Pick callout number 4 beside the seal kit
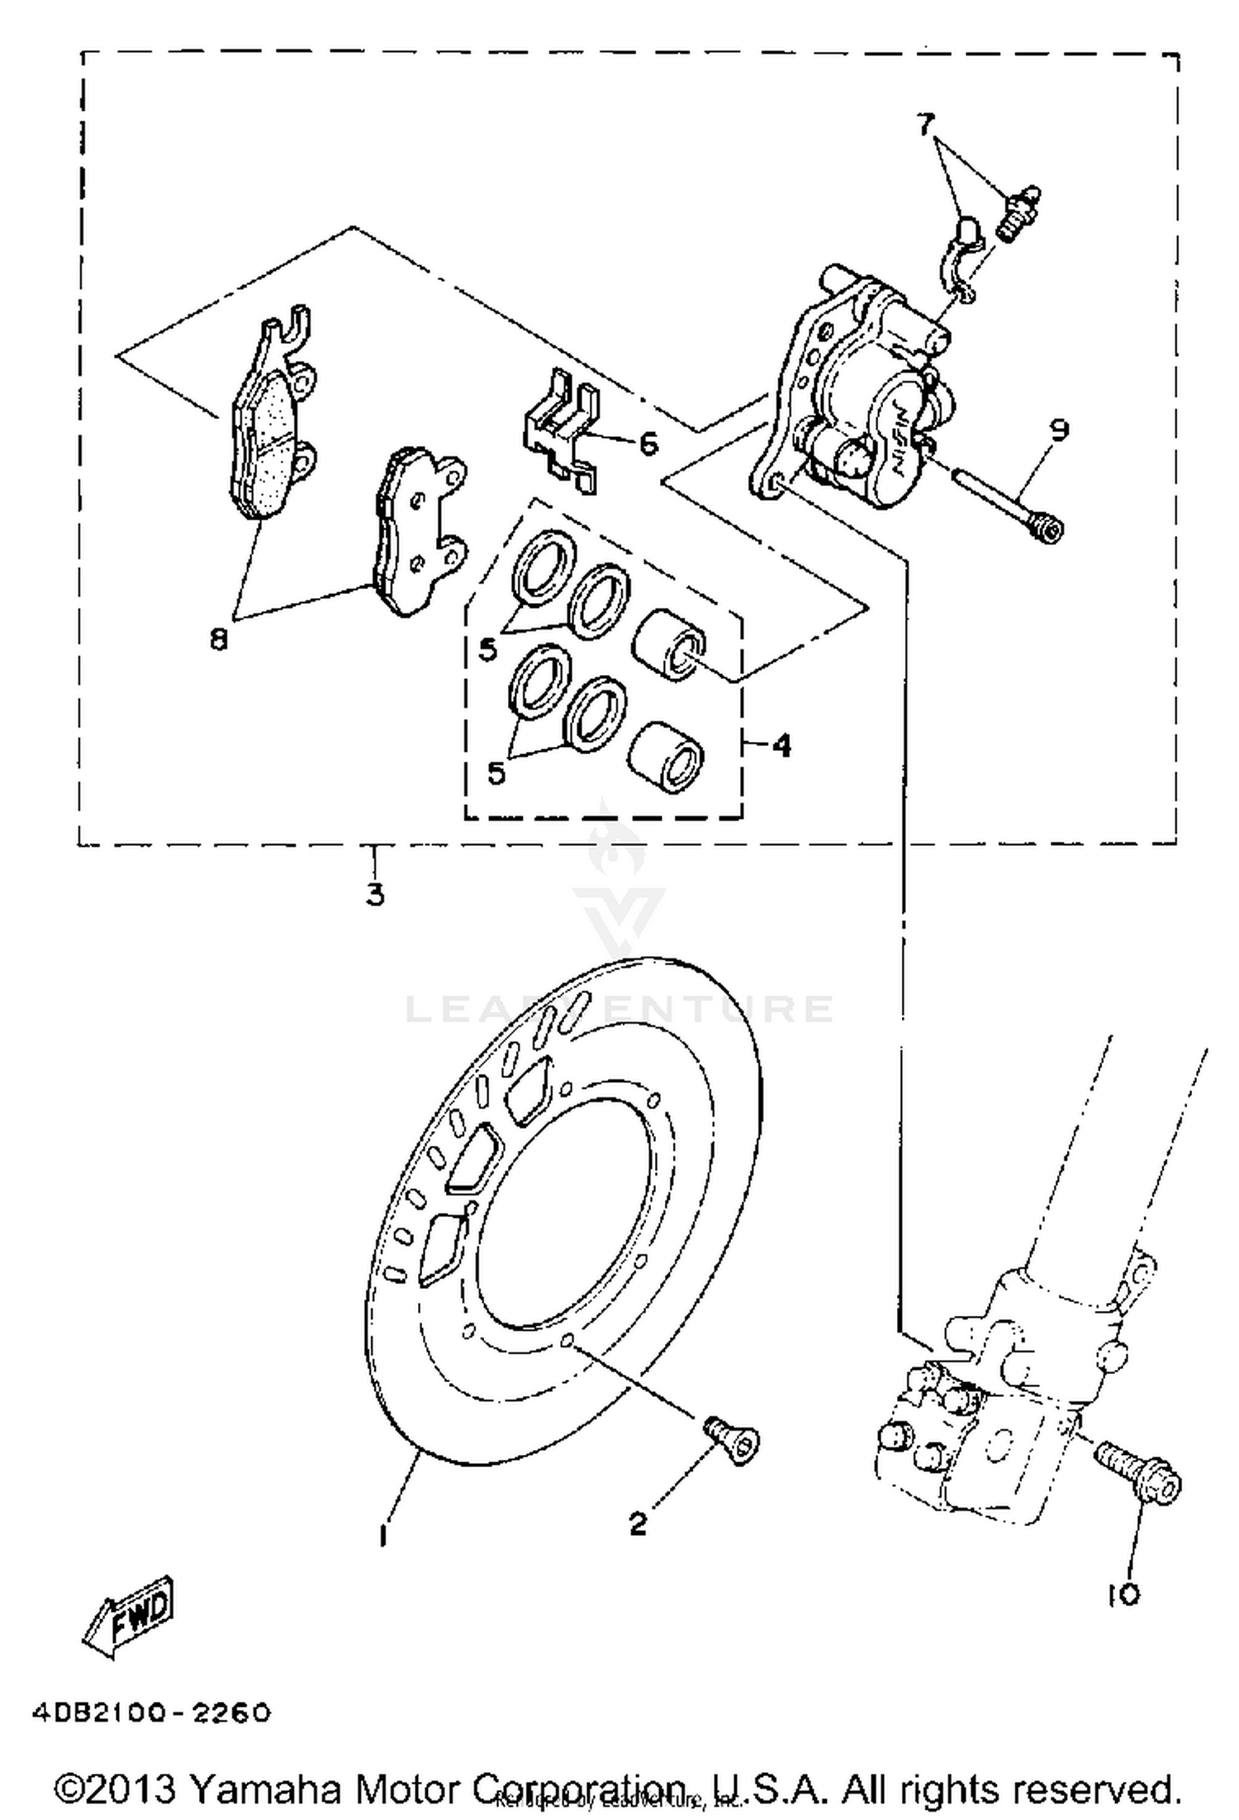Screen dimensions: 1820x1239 (781, 746)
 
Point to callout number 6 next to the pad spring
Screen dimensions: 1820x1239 (649, 444)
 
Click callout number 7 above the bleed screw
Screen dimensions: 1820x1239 (925, 125)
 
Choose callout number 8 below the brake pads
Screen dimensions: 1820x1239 (218, 639)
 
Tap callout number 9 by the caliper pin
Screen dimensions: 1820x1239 (1059, 430)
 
